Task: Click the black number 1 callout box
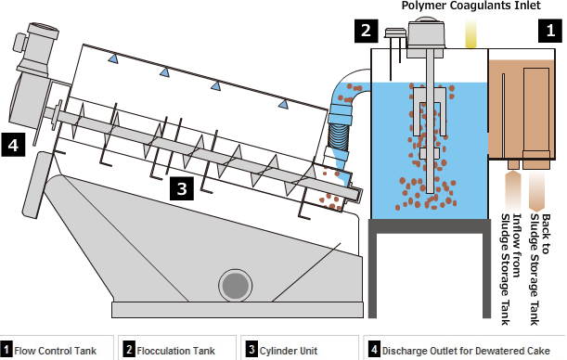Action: click(550, 31)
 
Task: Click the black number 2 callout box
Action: click(366, 31)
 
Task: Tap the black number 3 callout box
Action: click(182, 188)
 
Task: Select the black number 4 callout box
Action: click(13, 145)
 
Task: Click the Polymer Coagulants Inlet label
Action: click(470, 6)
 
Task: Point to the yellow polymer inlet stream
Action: click(470, 33)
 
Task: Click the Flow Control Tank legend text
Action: click(56, 351)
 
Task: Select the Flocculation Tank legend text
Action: click(175, 351)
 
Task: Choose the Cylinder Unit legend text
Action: click(289, 351)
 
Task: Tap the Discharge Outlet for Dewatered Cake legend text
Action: click(466, 351)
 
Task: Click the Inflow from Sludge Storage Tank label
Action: click(511, 269)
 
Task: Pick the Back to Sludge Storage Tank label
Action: click(540, 269)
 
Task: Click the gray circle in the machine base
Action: click(236, 286)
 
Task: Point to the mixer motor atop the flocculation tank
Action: click(425, 37)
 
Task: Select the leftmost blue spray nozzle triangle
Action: click(113, 58)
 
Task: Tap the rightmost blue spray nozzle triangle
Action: click(283, 104)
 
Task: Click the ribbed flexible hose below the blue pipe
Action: click(339, 136)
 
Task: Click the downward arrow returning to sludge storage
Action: click(536, 191)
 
